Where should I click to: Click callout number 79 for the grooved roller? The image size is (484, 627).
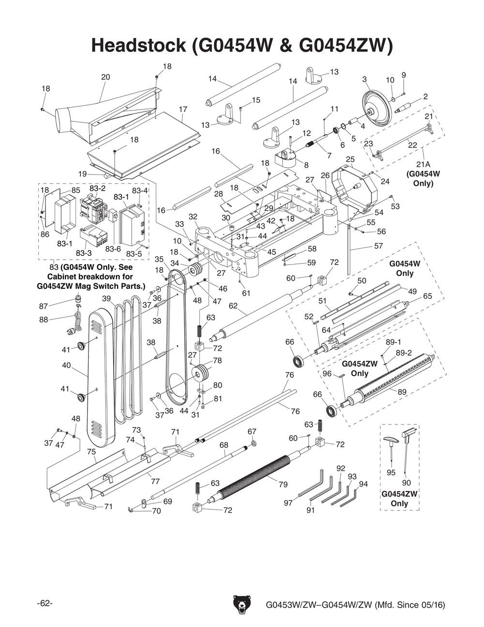pos(283,484)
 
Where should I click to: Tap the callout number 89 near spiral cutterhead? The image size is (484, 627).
pos(402,392)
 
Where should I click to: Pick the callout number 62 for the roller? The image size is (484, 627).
pos(233,306)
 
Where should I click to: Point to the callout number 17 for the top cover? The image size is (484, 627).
pos(182,110)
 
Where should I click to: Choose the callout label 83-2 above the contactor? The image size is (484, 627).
pos(97,188)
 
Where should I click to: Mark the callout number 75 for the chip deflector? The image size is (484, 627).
pos(91,452)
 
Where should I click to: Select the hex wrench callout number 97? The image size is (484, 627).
pos(288,503)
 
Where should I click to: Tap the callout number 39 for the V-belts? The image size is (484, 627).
pos(106,298)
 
